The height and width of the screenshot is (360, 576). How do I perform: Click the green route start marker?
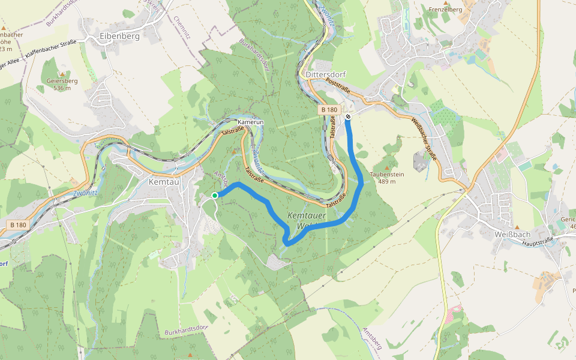pos(215,195)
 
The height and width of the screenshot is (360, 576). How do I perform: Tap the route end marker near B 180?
pos(348,116)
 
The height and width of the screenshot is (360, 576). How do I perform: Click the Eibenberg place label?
pos(120,36)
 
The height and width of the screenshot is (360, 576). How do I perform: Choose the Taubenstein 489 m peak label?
pos(386,178)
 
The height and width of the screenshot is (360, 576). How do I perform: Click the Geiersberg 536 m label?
pos(62,83)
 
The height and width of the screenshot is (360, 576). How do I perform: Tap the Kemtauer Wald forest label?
pos(308,221)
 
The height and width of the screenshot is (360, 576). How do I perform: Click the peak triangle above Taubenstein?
pos(387,167)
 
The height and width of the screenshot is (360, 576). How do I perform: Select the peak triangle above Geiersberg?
pos(61,74)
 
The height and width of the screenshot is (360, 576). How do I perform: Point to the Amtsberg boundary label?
pos(372,339)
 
